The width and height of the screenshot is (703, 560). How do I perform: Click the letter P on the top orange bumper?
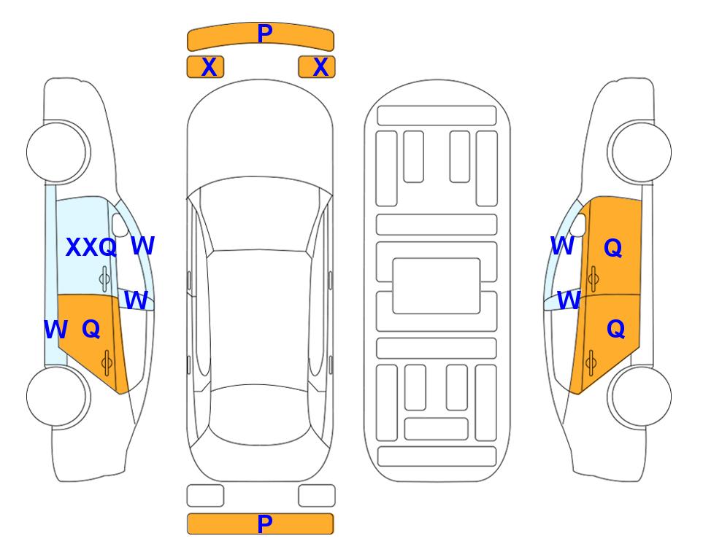265,34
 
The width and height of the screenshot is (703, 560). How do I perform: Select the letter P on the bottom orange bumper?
265,524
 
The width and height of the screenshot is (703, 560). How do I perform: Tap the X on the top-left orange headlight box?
209,67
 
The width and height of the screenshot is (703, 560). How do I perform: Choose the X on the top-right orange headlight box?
320,67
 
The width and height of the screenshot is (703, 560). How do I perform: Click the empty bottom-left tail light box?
205,496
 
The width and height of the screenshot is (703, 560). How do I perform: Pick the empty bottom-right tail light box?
317,496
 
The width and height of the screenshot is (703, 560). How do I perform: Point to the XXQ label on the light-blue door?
91,247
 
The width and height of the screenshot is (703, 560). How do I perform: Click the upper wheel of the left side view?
58,152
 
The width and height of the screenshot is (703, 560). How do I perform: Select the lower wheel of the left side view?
58,396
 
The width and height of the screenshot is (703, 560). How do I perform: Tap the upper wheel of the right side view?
639,152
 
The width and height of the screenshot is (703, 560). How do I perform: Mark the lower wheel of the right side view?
639,396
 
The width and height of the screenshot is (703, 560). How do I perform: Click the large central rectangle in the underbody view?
437,286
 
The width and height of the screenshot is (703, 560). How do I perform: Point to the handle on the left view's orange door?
107,362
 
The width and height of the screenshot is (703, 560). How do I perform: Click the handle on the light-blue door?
104,279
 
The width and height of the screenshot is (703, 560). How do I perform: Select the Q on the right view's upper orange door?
613,247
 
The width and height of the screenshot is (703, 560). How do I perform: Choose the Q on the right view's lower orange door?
615,329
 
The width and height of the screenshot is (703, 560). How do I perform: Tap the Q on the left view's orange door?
91,329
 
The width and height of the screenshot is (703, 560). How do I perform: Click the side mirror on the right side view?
578,225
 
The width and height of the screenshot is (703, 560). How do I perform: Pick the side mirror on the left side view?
120,225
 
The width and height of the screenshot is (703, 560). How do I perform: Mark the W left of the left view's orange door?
55,330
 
